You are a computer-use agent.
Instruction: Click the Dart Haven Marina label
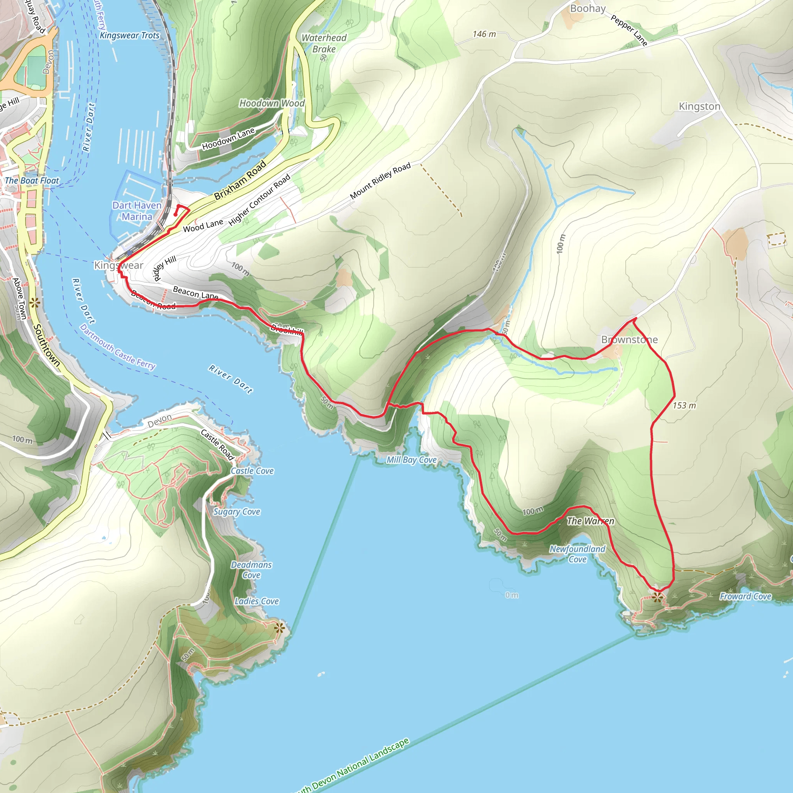click(137, 211)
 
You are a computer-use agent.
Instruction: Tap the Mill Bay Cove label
click(411, 460)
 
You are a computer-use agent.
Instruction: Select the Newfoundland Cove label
click(577, 554)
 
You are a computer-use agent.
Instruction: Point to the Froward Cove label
click(745, 596)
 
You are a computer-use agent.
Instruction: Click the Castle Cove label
click(252, 471)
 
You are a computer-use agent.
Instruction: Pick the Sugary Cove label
click(237, 512)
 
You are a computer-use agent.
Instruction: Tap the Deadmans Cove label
click(251, 570)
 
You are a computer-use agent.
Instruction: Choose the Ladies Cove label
click(257, 601)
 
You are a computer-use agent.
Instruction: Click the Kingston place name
click(699, 106)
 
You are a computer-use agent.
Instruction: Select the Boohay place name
click(588, 9)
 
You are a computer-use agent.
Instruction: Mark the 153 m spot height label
click(684, 405)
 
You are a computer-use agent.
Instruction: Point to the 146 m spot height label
click(484, 34)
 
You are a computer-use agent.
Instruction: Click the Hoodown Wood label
click(272, 103)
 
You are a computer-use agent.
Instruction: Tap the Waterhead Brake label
click(324, 43)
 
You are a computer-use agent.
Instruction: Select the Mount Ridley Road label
click(380, 181)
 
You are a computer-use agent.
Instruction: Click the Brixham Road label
click(240, 180)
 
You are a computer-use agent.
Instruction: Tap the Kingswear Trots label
click(129, 35)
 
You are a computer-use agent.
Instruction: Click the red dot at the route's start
click(175, 214)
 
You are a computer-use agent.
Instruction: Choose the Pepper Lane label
click(629, 30)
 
